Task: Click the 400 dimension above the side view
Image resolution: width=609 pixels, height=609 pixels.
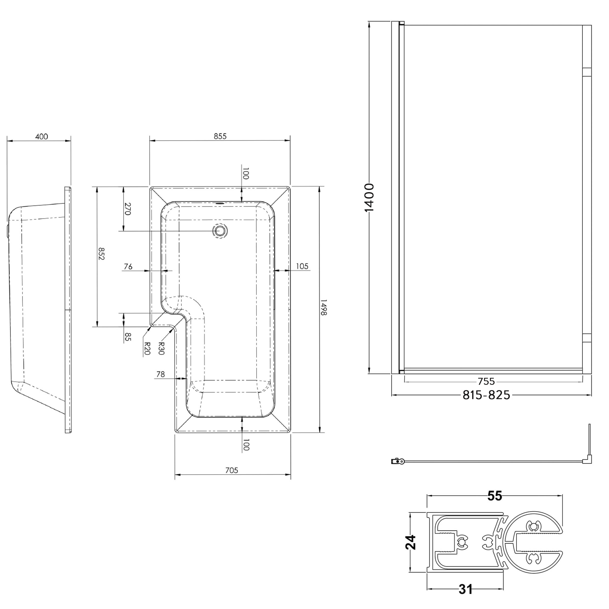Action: point(42,137)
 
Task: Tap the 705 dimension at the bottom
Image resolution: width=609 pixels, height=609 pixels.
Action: point(232,470)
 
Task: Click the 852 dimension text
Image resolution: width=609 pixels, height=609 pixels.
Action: point(101,254)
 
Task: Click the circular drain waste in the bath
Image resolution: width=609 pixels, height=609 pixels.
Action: point(220,231)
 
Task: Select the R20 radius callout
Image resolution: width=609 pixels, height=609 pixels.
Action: point(147,349)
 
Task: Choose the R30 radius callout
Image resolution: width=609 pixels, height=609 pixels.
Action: point(161,348)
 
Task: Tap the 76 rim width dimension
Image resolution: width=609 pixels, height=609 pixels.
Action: point(128,267)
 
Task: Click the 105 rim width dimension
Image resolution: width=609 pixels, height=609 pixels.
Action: point(302,266)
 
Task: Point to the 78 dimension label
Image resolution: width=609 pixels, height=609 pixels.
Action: point(160,374)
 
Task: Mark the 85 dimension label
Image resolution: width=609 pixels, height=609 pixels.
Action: point(127,337)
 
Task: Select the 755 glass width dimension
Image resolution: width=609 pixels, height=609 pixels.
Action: point(486,382)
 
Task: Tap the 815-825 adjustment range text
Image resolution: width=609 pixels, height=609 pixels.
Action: point(486,395)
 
